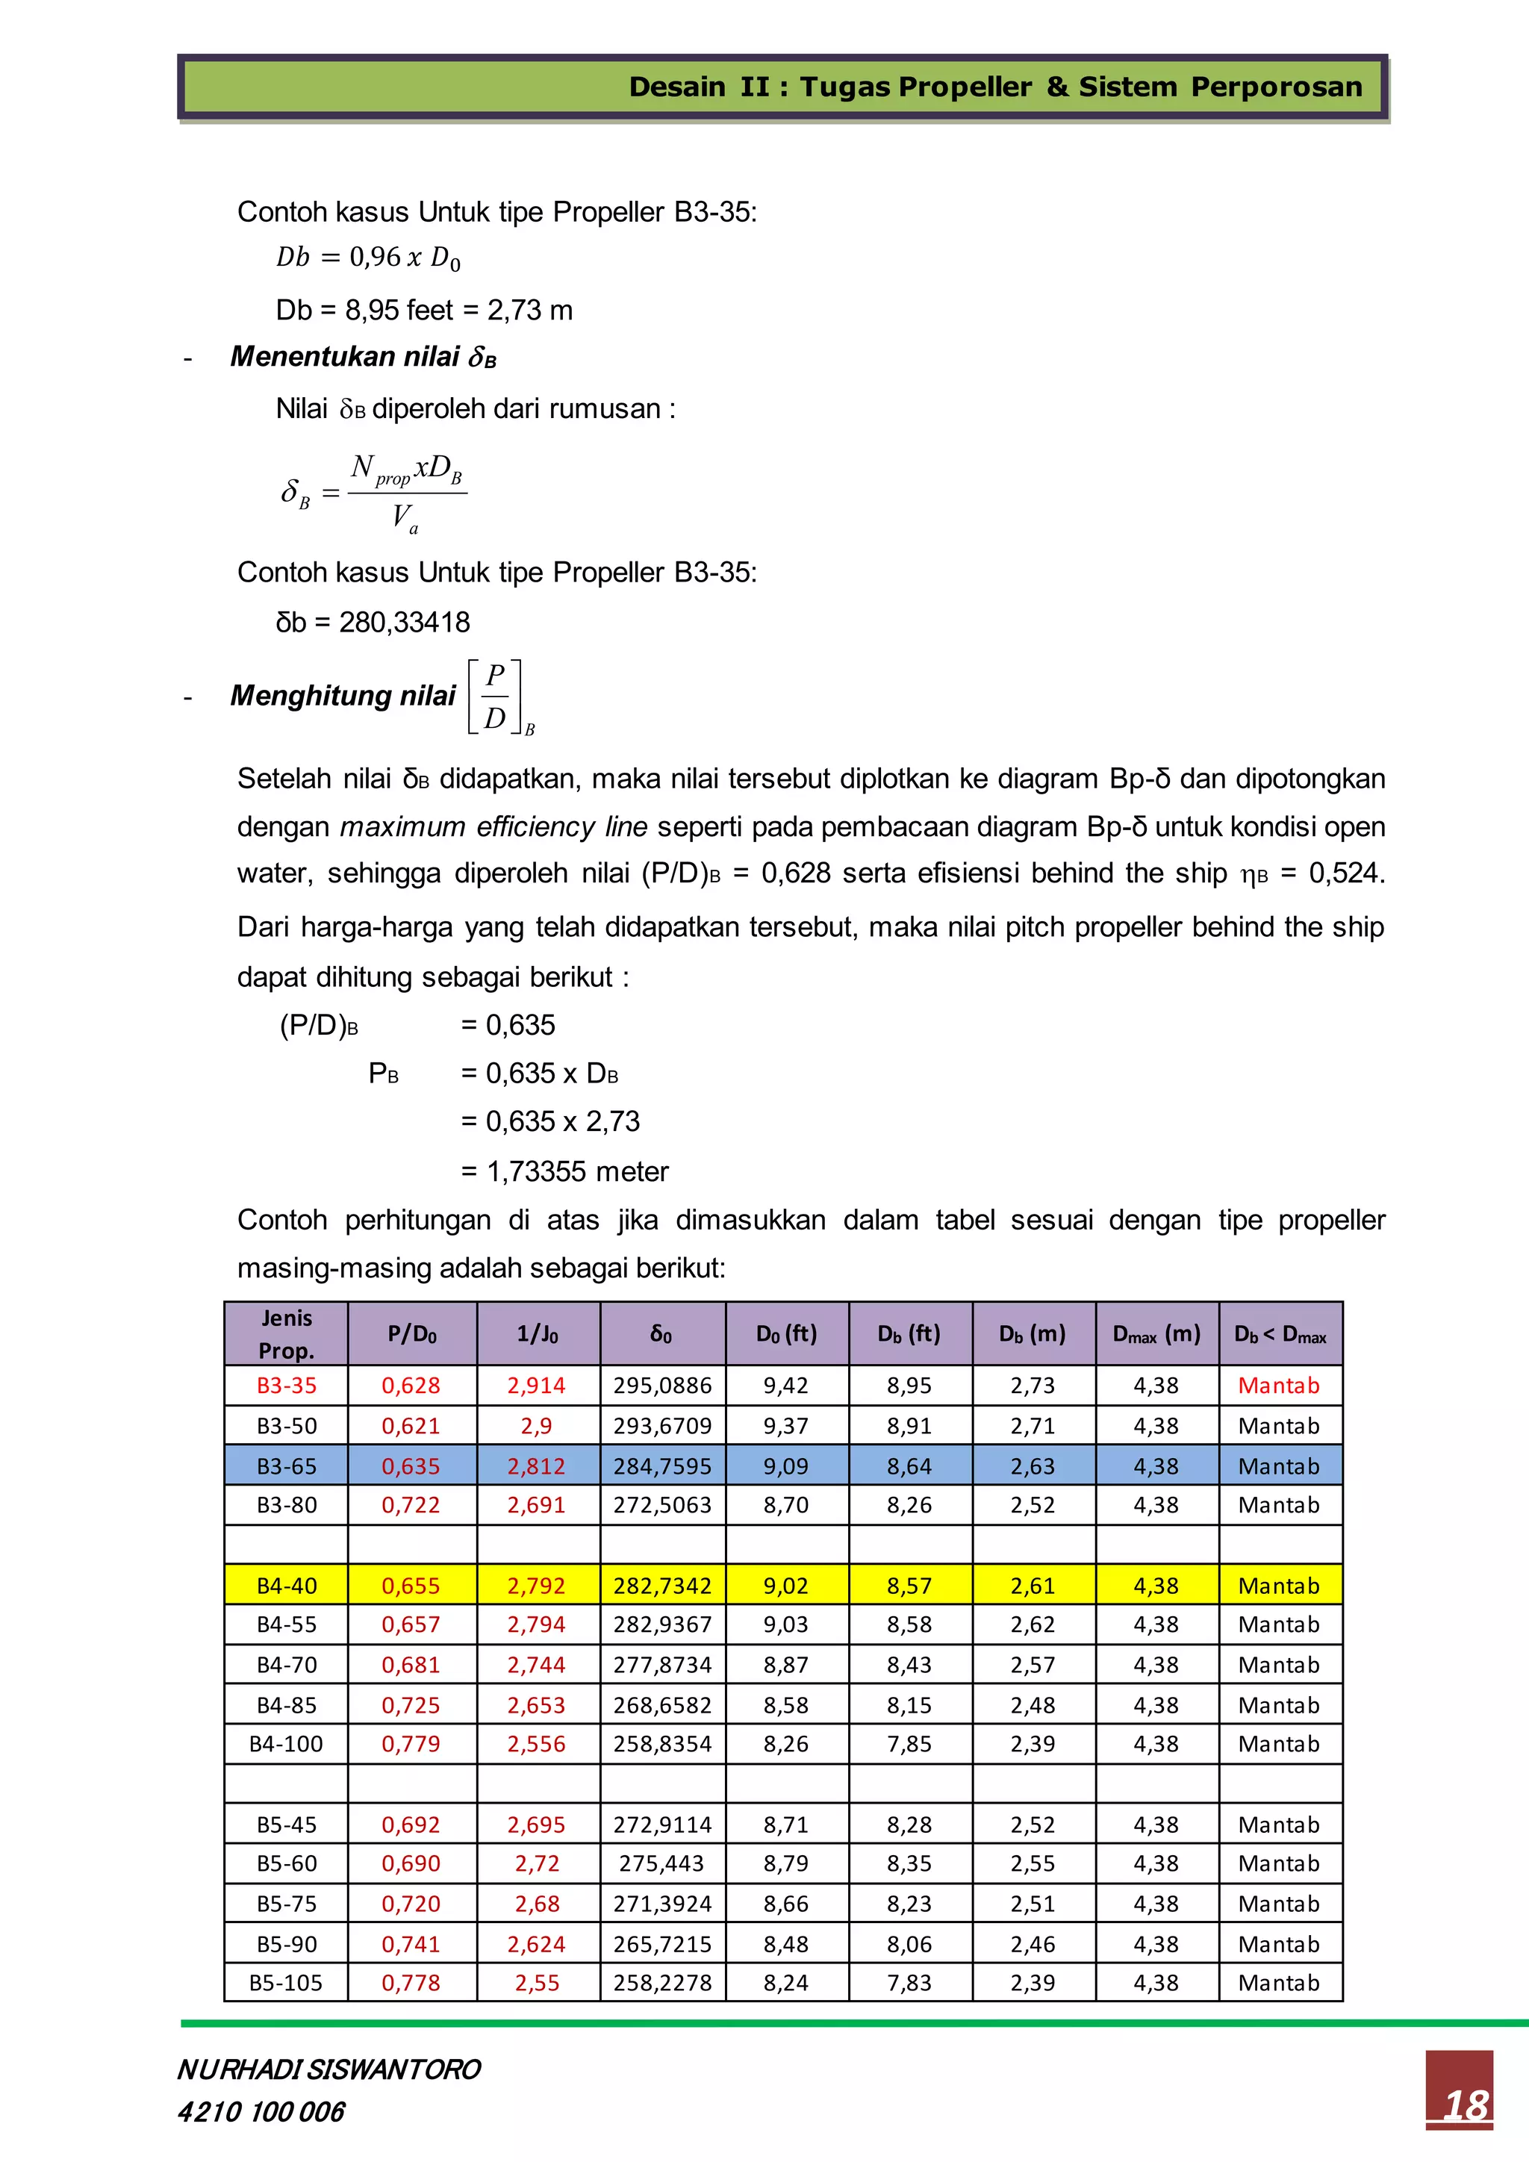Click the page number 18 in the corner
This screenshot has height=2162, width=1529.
click(x=1466, y=2105)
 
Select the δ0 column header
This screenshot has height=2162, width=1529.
click(x=662, y=1333)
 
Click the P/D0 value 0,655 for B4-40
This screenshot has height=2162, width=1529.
click(x=411, y=1586)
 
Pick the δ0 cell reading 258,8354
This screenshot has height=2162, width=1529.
click(x=662, y=1744)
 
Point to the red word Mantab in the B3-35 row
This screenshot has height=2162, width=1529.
click(x=1279, y=1385)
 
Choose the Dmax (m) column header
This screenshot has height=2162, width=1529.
click(x=1156, y=1333)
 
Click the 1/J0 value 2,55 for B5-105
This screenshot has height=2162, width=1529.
click(x=537, y=1983)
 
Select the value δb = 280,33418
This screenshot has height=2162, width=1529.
click(x=373, y=623)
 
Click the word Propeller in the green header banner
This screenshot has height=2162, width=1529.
click(x=964, y=87)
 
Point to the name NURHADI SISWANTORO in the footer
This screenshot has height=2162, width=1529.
click(x=328, y=2069)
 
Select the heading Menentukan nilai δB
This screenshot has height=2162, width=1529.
click(x=363, y=357)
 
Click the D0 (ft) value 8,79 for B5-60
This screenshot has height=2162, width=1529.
click(x=785, y=1863)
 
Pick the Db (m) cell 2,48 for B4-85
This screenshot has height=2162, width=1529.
click(x=1032, y=1705)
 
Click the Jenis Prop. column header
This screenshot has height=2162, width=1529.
click(x=286, y=1333)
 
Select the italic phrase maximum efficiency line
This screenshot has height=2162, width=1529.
click(x=493, y=826)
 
